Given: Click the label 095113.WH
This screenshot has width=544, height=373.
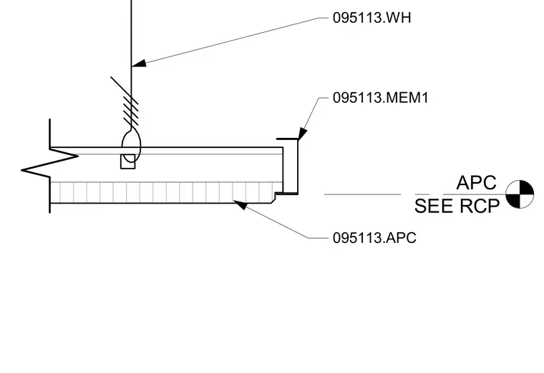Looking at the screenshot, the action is [x=371, y=18].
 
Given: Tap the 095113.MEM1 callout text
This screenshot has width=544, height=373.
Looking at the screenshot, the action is [x=381, y=98].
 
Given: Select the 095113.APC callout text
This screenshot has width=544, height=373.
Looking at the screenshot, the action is [x=374, y=238].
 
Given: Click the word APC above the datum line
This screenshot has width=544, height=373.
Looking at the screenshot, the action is [x=476, y=182].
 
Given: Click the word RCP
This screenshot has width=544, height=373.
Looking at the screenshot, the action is [x=480, y=206].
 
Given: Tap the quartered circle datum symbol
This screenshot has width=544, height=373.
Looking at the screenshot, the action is [x=520, y=194].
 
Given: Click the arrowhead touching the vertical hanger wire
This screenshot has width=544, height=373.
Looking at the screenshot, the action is [x=139, y=63].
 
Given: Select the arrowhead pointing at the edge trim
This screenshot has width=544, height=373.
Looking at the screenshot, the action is [x=302, y=134].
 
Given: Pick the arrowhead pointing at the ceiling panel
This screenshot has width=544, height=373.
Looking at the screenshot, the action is [x=240, y=204].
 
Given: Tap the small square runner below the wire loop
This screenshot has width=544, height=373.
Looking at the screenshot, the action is [x=127, y=161].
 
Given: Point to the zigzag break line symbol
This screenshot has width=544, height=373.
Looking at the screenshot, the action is [x=49, y=163].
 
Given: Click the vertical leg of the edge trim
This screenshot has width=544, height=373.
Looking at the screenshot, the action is [x=297, y=166].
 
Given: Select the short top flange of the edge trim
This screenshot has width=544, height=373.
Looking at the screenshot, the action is [x=287, y=139].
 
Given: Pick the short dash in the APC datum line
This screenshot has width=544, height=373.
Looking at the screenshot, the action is [x=422, y=194].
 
